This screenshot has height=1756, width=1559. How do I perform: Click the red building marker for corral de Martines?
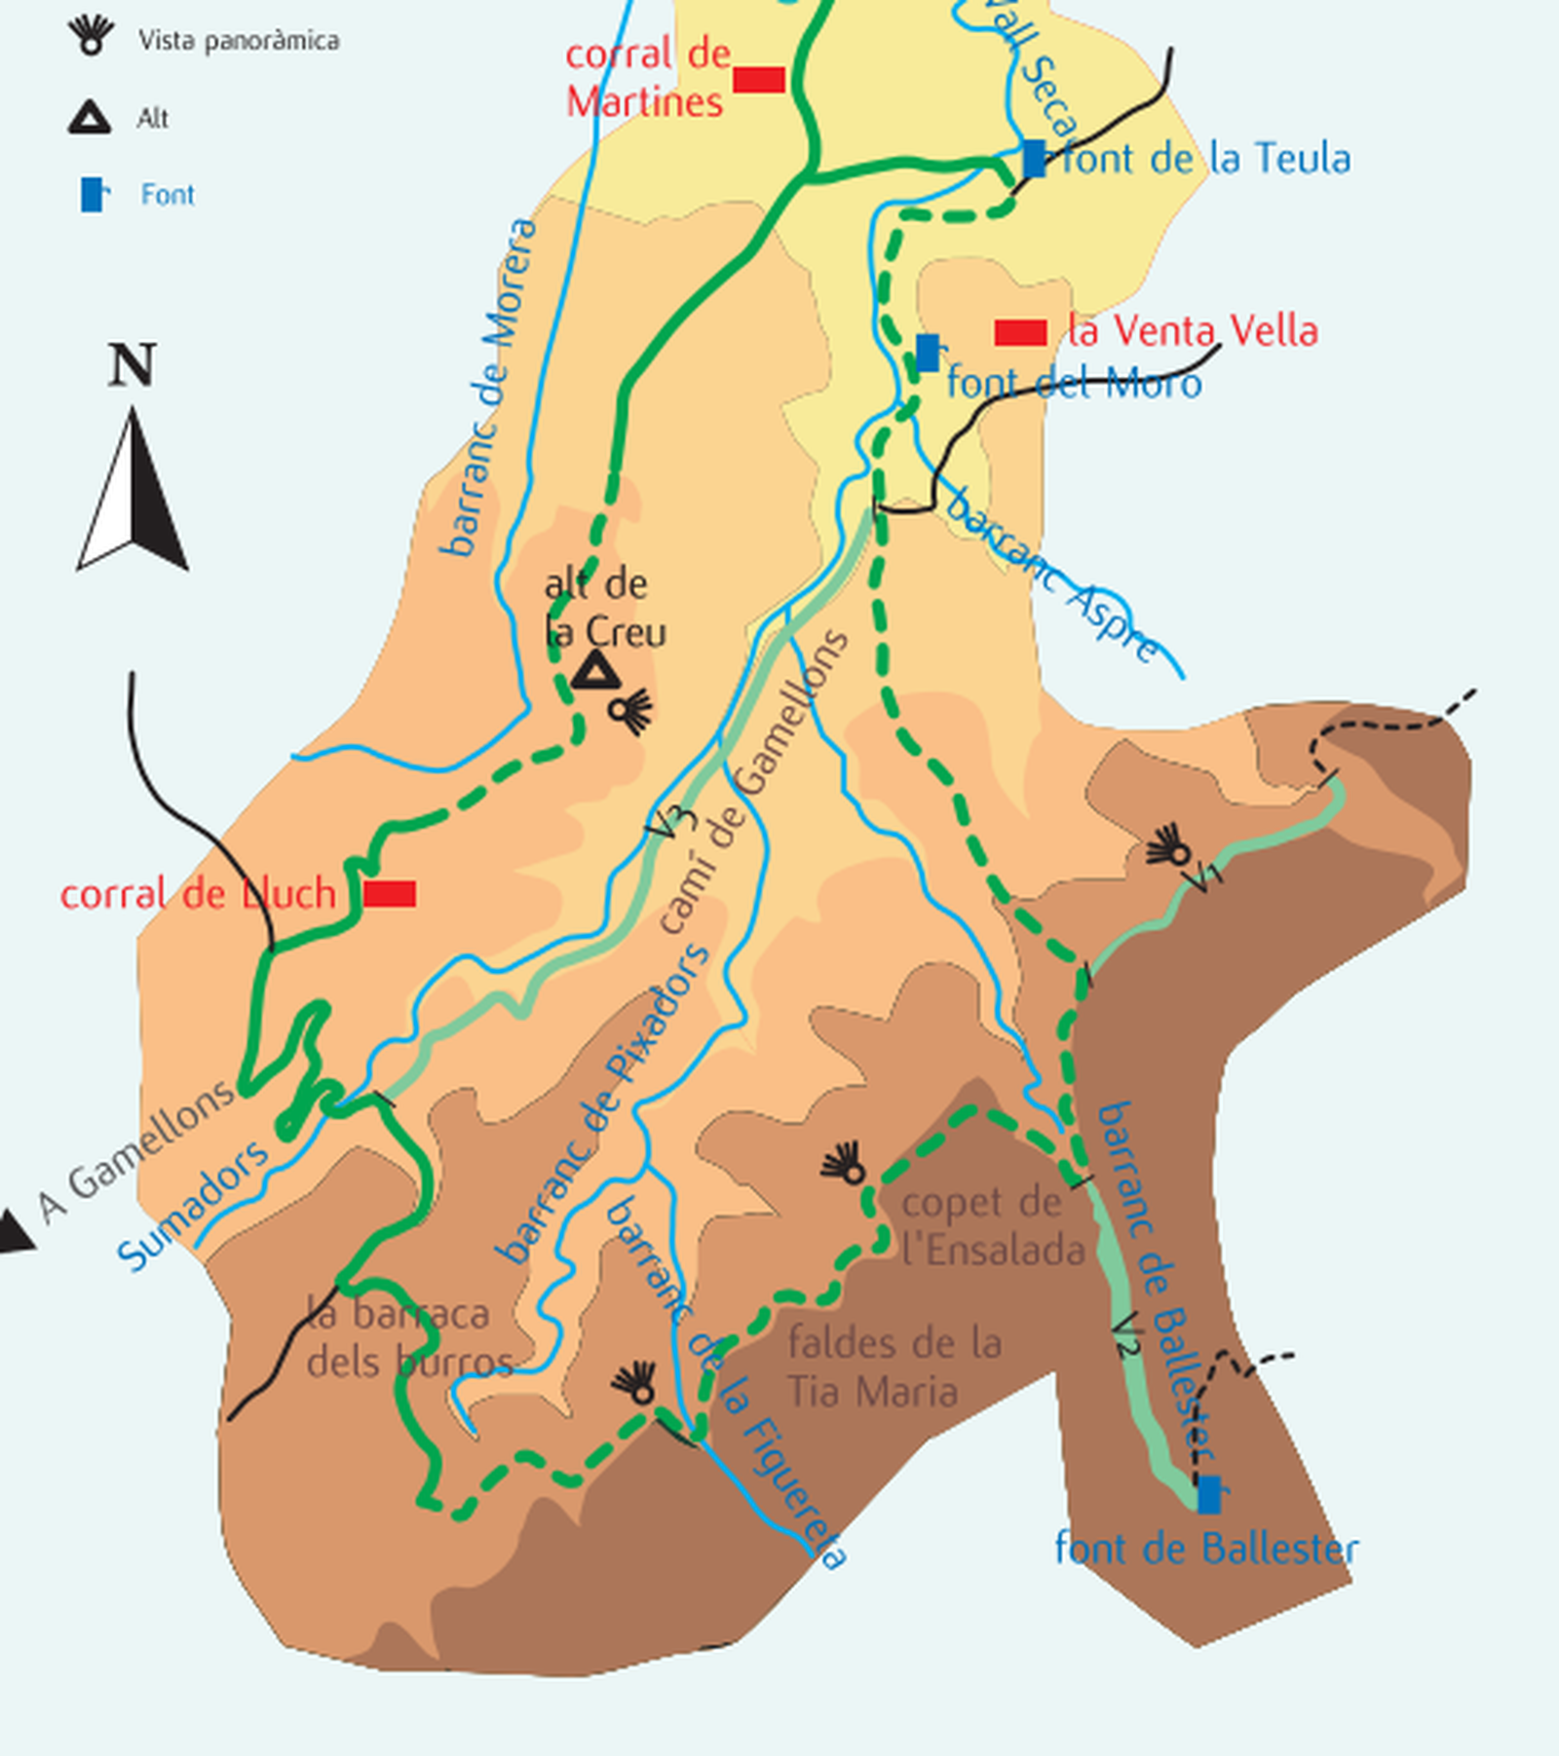click(759, 80)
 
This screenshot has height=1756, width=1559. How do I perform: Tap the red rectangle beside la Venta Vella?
click(1020, 333)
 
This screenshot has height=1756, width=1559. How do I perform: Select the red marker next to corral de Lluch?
click(390, 893)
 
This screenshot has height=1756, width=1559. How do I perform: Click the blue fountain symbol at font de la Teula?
click(1034, 158)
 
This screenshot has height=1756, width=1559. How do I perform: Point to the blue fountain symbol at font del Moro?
click(928, 353)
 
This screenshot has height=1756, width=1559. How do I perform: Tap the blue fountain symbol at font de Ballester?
click(1208, 1494)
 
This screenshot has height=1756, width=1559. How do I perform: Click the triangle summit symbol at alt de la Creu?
click(595, 672)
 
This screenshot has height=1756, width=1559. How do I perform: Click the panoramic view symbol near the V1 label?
click(1168, 847)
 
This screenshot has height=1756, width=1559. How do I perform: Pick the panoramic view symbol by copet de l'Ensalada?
click(844, 1164)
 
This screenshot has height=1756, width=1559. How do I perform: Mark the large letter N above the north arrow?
click(132, 365)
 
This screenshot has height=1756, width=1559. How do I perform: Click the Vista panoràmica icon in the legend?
click(91, 35)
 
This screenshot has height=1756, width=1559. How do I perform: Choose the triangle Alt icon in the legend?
click(90, 117)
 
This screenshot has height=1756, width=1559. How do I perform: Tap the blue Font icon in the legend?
click(93, 194)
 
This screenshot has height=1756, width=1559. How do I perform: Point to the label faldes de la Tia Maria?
click(893, 1366)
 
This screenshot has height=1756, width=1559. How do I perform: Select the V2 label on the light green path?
click(1126, 1335)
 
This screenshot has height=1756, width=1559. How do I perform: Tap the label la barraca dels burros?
click(407, 1336)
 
